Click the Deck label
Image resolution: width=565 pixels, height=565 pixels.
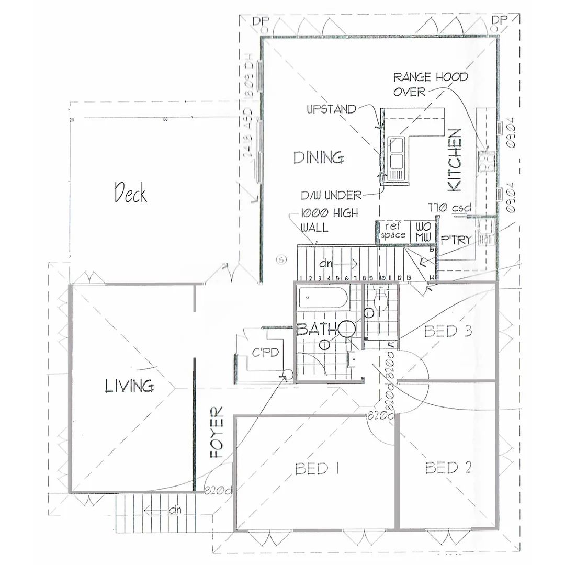[131, 193]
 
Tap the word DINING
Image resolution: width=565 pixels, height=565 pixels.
[318, 157]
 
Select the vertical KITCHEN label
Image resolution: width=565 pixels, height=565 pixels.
[455, 160]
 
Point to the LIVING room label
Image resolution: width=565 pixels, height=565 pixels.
[129, 387]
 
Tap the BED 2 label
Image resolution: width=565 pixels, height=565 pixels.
[448, 467]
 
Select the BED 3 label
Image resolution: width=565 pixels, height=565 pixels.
[448, 331]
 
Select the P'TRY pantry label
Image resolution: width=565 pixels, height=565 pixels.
[456, 240]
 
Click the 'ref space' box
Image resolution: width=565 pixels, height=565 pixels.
[393, 231]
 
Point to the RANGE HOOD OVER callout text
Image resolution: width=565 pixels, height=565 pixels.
[430, 84]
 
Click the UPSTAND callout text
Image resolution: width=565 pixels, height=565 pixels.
[331, 110]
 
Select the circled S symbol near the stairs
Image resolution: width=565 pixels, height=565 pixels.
[282, 258]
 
